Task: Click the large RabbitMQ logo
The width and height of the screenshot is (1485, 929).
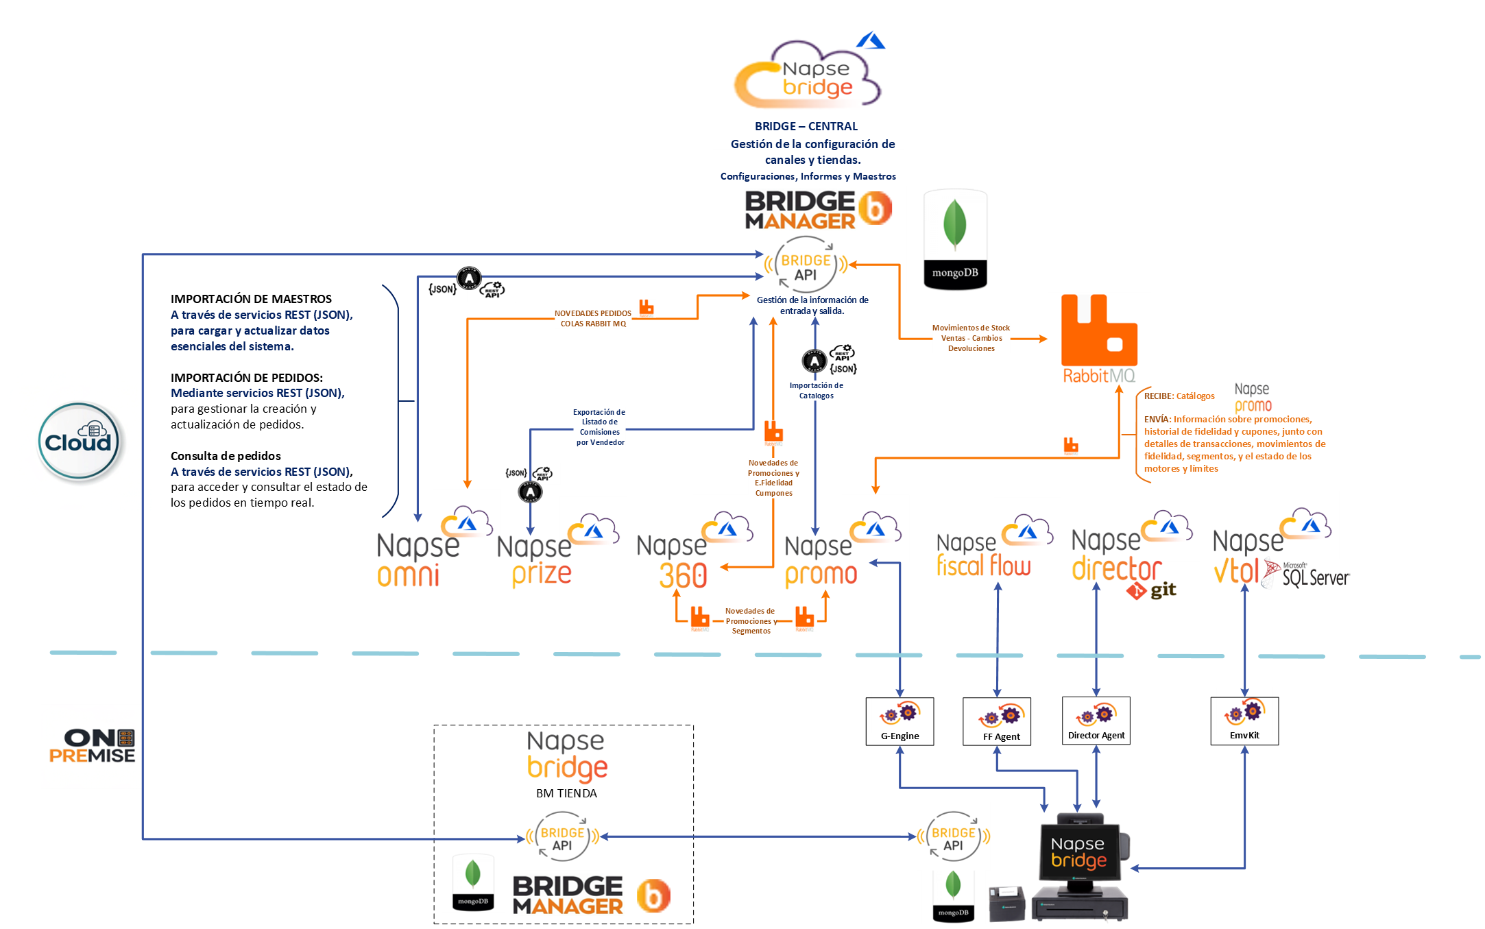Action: click(x=1099, y=339)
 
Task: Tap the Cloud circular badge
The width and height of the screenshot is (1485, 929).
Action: click(x=78, y=442)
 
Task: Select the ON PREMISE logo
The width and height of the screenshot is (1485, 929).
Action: click(x=93, y=747)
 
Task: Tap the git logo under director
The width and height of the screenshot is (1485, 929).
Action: click(x=1151, y=590)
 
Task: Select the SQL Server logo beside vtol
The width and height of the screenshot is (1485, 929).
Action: click(x=1307, y=575)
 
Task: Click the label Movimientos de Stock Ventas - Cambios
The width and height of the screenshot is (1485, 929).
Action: click(x=971, y=338)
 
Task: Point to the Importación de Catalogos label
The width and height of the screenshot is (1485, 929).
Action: click(x=816, y=391)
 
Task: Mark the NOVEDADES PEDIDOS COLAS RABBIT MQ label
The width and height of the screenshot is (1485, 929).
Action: click(x=593, y=319)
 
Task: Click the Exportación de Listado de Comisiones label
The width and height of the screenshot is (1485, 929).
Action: click(x=600, y=427)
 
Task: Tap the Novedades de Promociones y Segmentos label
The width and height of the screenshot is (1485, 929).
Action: click(x=750, y=621)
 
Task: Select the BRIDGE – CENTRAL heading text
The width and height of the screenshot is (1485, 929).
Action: click(x=806, y=126)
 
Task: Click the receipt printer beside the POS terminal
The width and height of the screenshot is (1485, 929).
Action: click(x=1006, y=903)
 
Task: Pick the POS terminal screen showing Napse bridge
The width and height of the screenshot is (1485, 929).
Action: click(x=1078, y=852)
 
